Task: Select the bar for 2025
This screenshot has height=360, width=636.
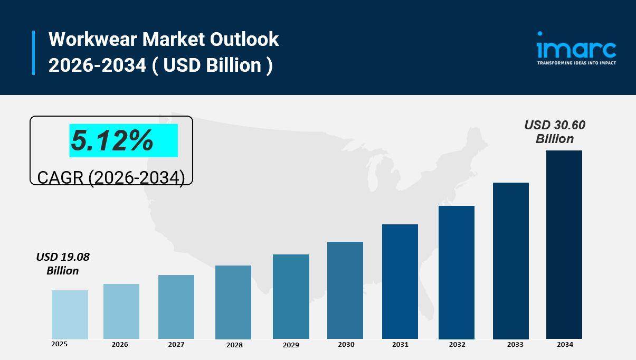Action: point(70,315)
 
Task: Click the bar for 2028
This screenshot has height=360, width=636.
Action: point(233,302)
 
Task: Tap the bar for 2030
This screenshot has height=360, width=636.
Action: point(345,290)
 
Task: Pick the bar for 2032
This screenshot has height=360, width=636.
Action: point(457,272)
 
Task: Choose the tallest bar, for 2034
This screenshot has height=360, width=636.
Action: point(564,244)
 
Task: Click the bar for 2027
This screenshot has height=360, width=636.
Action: point(176,307)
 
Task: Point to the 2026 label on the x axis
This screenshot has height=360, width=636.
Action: point(120,345)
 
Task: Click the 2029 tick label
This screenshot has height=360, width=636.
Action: point(291,345)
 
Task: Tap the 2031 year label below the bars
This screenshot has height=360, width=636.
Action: point(400,345)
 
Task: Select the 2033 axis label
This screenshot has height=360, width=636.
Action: point(515,345)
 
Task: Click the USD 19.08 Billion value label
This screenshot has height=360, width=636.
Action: point(63,264)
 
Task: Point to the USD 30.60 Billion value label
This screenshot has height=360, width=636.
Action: point(555,132)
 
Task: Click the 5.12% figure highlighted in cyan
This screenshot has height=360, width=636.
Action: point(112,141)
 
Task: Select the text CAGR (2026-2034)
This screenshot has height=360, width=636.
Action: point(111,177)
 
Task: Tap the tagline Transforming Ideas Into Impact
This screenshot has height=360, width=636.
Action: point(576,63)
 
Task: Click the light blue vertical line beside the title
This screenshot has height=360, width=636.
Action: point(34,53)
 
